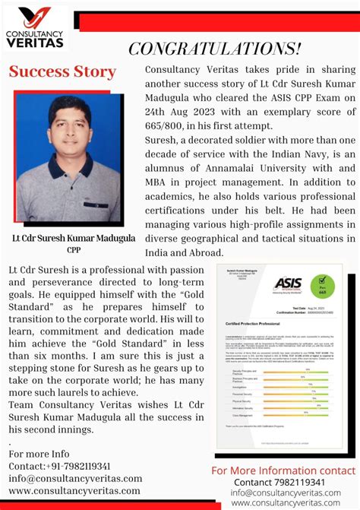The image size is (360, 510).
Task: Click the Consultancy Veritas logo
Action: click(36, 28)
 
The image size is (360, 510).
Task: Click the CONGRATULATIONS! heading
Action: click(214, 49)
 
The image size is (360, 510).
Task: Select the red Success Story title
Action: click(62, 72)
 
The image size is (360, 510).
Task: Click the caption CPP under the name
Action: click(74, 249)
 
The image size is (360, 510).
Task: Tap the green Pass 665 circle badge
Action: click(323, 285)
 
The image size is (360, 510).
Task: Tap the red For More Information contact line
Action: click(283, 470)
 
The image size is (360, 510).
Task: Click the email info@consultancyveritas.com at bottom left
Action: click(75, 478)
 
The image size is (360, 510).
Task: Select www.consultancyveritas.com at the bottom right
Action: click(286, 503)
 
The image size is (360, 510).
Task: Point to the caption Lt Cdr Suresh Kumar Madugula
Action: click(74, 238)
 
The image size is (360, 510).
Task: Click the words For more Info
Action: click(39, 454)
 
